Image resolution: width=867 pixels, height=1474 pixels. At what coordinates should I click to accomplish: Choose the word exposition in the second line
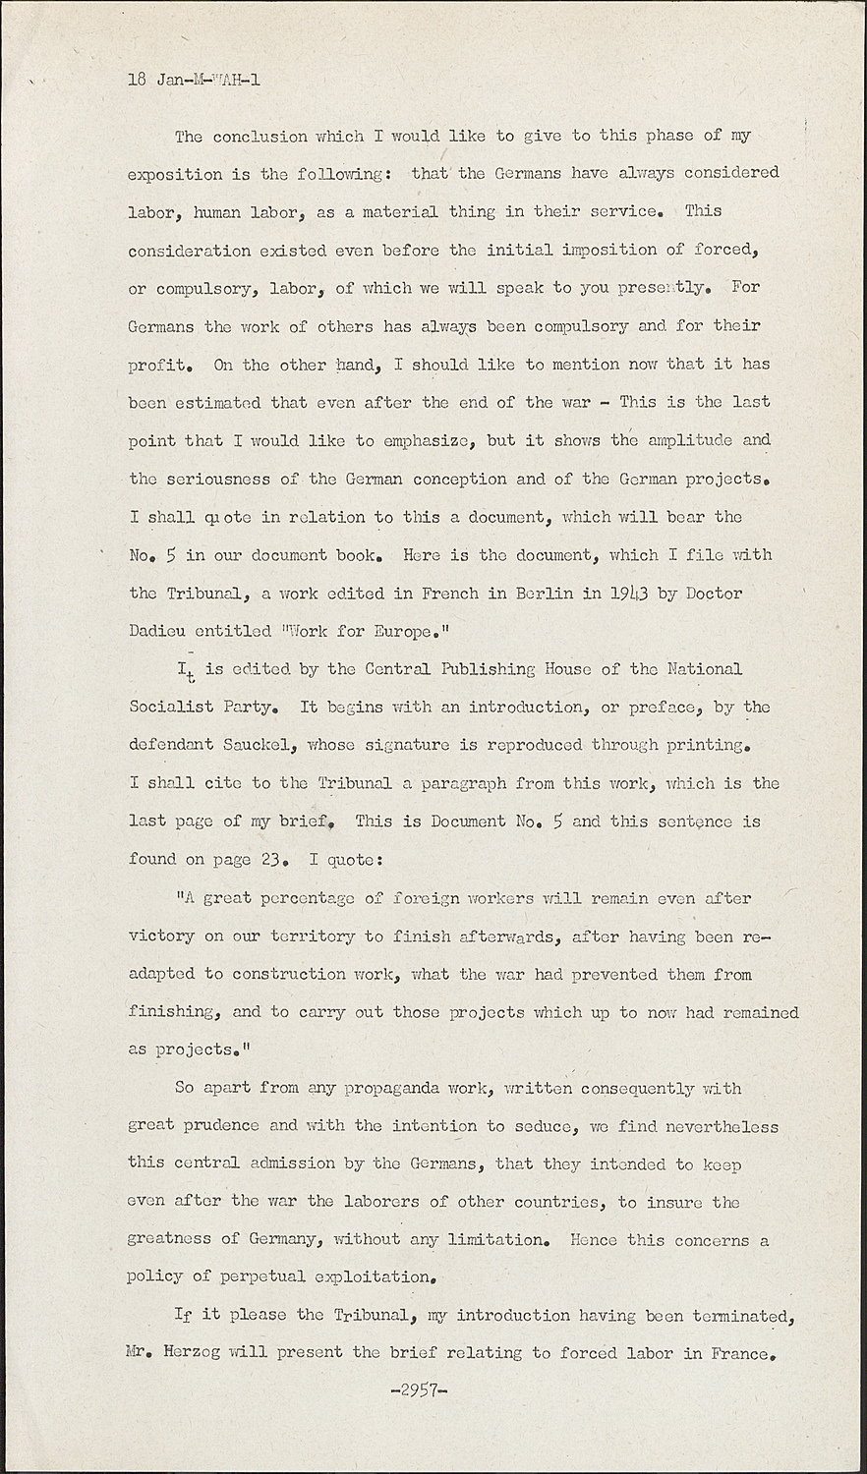point(175,174)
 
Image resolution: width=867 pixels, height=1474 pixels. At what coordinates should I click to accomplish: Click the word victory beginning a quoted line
point(161,936)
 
